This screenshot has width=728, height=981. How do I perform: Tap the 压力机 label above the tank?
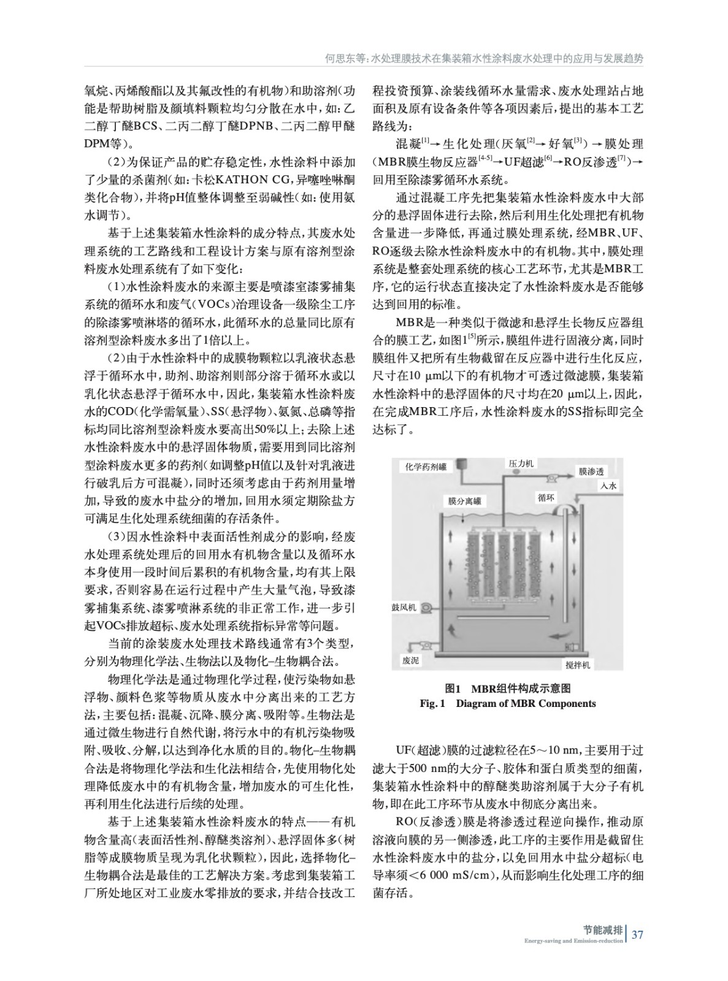click(x=521, y=464)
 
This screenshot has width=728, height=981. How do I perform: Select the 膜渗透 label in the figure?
click(x=592, y=471)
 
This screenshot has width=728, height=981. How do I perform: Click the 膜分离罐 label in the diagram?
click(x=464, y=501)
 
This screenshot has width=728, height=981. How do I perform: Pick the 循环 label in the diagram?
click(x=546, y=498)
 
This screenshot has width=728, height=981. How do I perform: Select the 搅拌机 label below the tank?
click(x=578, y=664)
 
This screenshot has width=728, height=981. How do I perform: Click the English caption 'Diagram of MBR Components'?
click(x=526, y=703)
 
